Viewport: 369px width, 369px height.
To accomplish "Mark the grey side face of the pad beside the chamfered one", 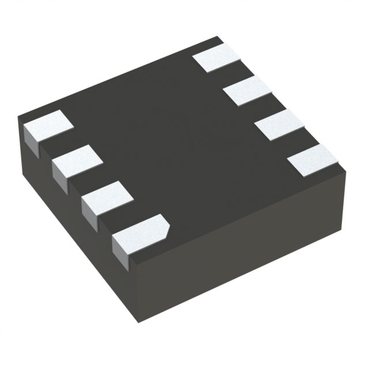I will point(88,210).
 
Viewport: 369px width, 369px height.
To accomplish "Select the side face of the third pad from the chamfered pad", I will point(59,176).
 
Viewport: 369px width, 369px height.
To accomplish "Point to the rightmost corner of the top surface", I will point(345,170).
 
